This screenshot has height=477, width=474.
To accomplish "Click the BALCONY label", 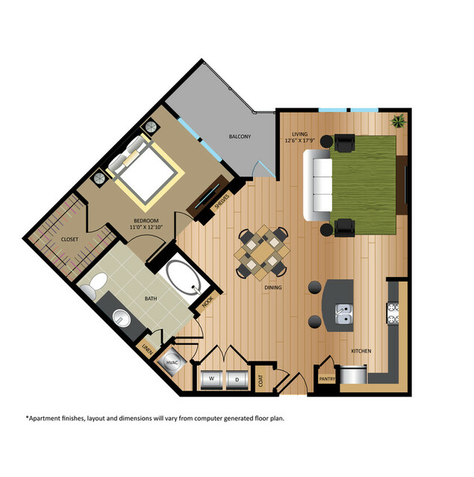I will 240,137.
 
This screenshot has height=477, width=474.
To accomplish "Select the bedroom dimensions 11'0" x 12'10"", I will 144,227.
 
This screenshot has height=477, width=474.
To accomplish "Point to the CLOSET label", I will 69,240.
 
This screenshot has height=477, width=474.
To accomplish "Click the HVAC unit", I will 172,361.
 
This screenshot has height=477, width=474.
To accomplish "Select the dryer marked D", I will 237,378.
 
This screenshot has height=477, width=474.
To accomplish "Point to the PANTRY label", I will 327,378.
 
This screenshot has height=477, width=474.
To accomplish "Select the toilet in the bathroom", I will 94,287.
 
